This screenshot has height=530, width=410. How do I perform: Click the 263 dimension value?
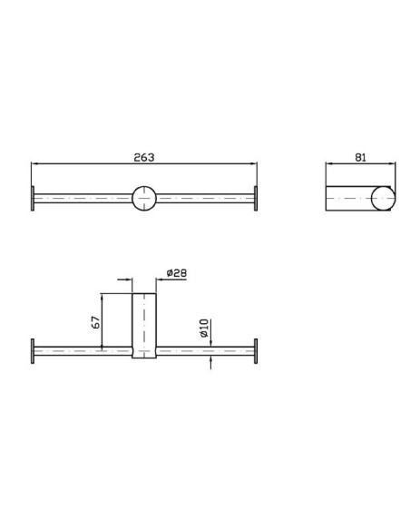144,157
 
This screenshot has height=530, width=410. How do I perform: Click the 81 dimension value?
360,157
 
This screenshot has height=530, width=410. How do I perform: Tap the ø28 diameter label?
177,273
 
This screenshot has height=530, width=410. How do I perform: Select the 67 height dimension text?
96,322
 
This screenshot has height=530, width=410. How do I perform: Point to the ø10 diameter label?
204,328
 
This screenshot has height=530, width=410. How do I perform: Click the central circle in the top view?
144,198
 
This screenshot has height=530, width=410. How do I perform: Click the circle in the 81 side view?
383,199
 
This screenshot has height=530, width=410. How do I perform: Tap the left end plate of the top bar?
33,199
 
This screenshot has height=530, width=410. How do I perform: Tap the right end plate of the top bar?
256,199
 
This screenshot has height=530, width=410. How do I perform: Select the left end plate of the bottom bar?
33,351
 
